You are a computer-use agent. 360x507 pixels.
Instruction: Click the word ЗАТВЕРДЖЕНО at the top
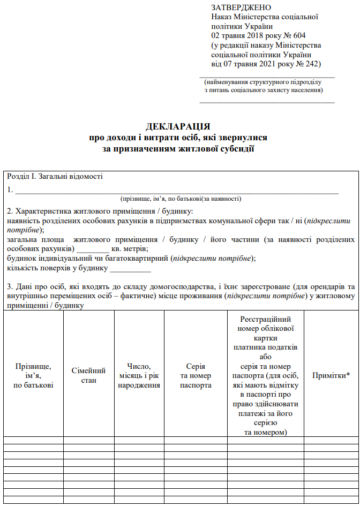pyautogui.click(x=241, y=7)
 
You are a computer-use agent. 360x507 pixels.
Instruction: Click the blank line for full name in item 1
pyautogui.click(x=177, y=190)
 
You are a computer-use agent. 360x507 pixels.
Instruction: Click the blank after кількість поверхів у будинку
pyautogui.click(x=126, y=268)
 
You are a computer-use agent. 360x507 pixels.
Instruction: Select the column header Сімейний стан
pyautogui.click(x=88, y=375)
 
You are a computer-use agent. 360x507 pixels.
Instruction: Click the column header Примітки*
pyautogui.click(x=331, y=375)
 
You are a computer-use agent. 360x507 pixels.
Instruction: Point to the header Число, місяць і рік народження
pyautogui.click(x=139, y=375)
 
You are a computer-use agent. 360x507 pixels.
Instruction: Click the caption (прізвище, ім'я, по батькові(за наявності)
pyautogui.click(x=181, y=199)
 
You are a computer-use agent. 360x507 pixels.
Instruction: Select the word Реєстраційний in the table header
pyautogui.click(x=265, y=319)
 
